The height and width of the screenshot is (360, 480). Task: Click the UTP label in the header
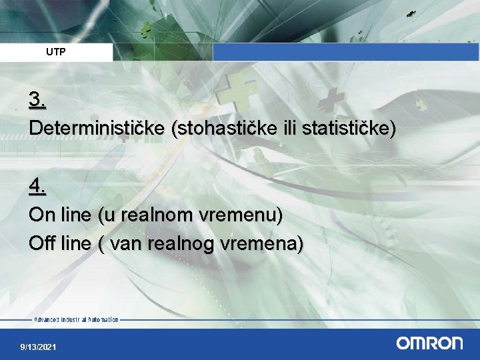pos(56,52)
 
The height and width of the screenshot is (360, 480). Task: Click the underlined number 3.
pos(37,101)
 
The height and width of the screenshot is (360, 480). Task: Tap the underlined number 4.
pos(37,188)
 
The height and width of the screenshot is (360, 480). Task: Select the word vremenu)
pos(241,215)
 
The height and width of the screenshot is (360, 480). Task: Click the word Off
pos(41,244)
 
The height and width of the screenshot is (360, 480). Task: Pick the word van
pos(125,244)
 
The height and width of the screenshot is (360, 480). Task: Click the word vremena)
pos(261,244)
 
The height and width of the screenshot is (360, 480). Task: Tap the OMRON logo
pos(429,343)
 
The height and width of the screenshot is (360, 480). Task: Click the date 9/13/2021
pos(38,347)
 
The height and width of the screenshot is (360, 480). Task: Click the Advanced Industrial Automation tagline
pos(76,320)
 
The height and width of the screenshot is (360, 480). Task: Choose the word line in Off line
pos(75,244)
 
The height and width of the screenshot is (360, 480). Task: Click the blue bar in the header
pos(345,52)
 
